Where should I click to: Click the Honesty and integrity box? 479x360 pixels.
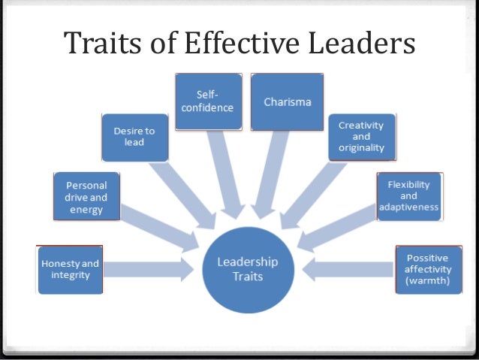tap(70, 269)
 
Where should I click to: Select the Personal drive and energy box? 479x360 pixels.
tap(86, 196)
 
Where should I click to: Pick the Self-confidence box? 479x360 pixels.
tap(208, 101)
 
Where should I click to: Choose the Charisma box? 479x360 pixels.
tap(286, 101)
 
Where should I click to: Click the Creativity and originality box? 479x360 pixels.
tap(360, 136)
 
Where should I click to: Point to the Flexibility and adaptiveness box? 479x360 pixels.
tap(409, 196)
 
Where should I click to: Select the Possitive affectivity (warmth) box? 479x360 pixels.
tap(428, 269)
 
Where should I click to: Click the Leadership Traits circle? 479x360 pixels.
tap(247, 269)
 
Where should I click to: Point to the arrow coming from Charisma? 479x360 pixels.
tap(270, 169)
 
